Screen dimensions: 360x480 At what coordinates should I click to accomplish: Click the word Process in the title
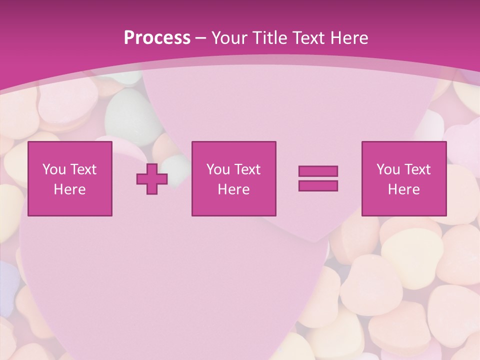[x=157, y=38]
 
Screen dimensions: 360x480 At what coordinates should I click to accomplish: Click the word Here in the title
[x=350, y=38]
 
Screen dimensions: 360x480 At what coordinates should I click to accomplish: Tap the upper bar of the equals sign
[x=318, y=171]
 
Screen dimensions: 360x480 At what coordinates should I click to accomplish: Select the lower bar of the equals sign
[x=318, y=186]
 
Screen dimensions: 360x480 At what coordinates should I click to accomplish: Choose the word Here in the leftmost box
[x=69, y=189]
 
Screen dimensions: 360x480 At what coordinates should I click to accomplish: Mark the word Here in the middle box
[x=233, y=189]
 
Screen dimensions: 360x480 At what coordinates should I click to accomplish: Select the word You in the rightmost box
[x=388, y=169]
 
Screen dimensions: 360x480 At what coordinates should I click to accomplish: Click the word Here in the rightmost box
[x=403, y=189]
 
